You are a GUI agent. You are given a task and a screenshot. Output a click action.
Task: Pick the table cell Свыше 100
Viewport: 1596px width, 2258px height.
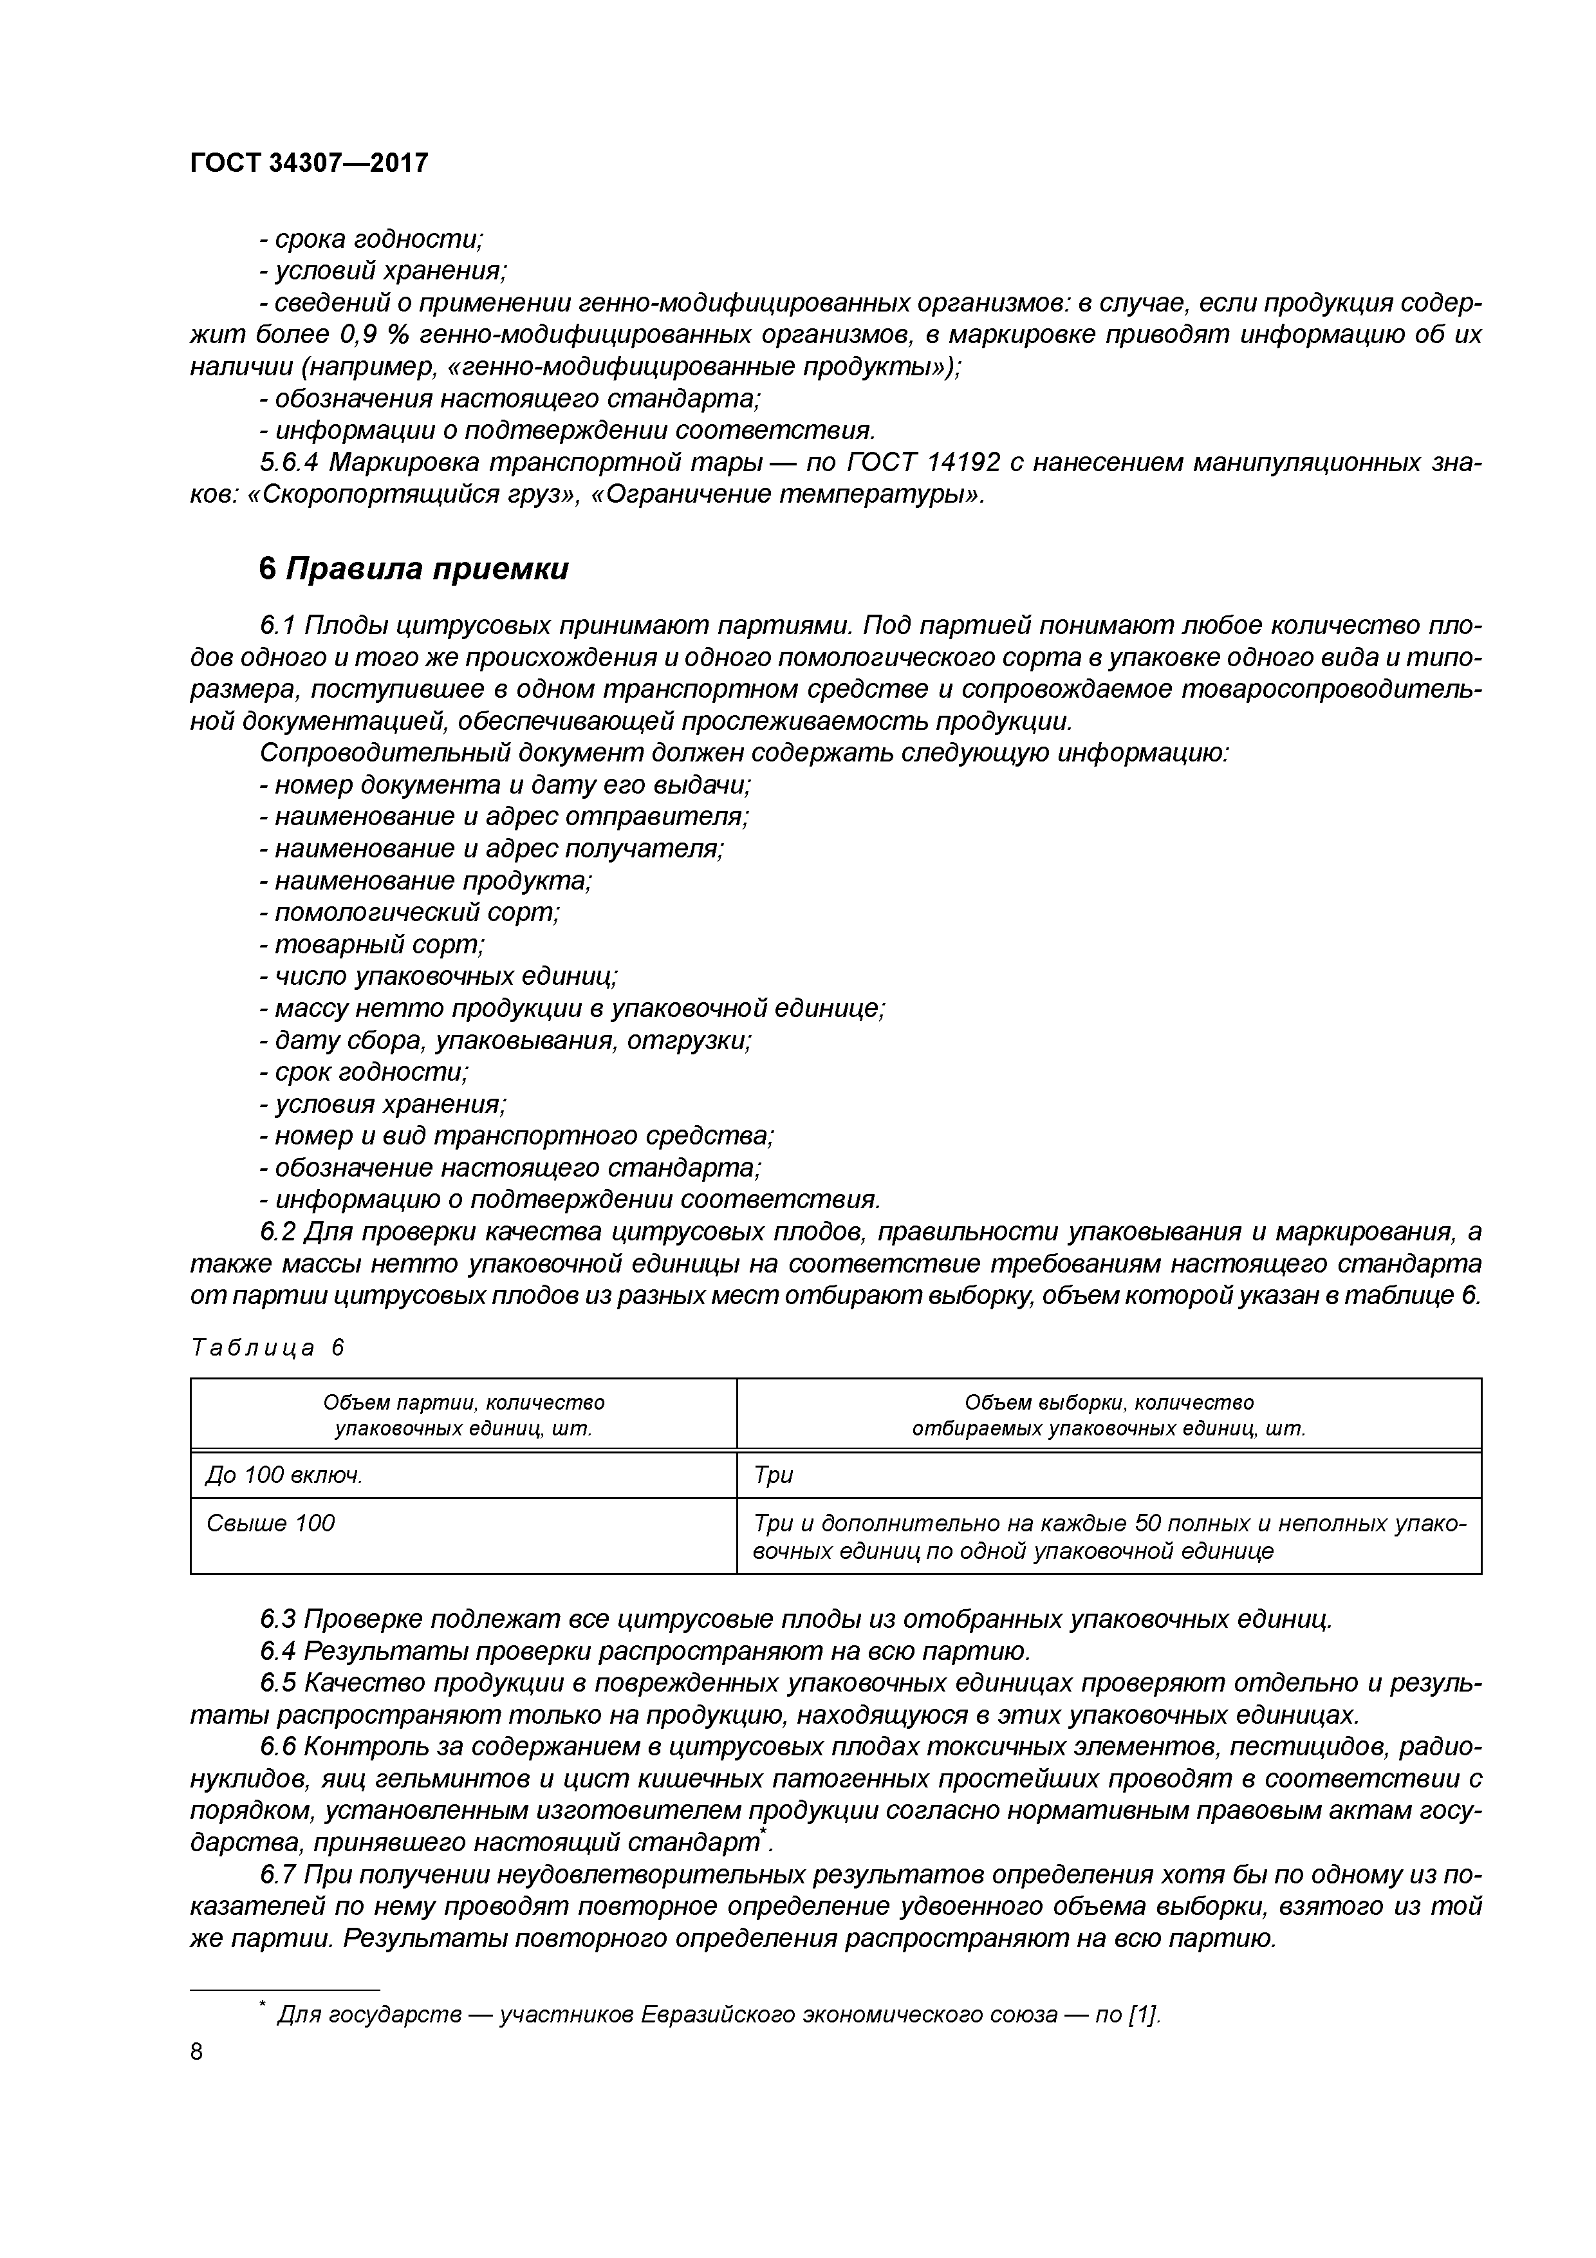click(270, 1524)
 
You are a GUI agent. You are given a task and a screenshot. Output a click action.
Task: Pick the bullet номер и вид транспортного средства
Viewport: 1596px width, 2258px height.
click(516, 1136)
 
